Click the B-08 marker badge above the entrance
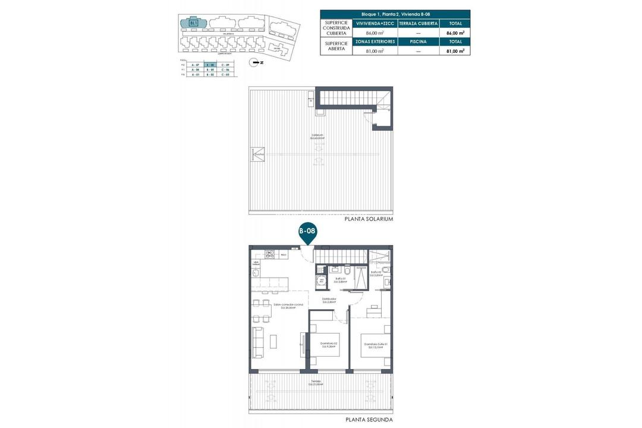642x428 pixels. (307, 231)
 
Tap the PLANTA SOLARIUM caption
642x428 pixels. (369, 219)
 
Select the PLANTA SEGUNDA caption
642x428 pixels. (369, 420)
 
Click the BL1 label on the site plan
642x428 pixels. (193, 23)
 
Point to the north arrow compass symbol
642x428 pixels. (256, 62)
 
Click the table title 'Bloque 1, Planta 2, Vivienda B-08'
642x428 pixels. (395, 14)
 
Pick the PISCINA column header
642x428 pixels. (418, 42)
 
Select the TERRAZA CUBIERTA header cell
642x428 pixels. (418, 23)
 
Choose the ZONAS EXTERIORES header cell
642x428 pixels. (375, 42)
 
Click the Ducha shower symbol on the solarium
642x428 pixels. (258, 153)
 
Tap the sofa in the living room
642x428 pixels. (259, 343)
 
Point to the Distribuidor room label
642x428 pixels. (330, 300)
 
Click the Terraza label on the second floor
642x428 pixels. (316, 382)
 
